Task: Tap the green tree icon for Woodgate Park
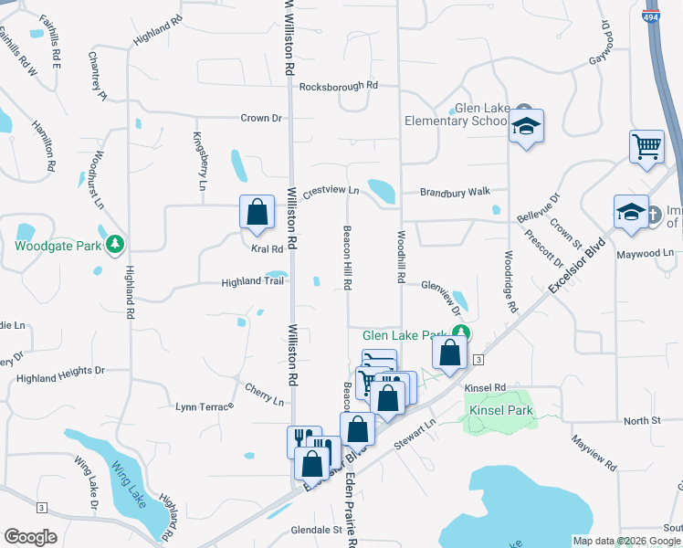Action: (x=115, y=244)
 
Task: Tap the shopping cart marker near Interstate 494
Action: (x=646, y=145)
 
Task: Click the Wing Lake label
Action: (x=128, y=479)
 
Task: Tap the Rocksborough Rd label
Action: (x=338, y=85)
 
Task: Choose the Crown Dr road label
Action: (x=261, y=118)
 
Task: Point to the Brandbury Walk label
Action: (x=456, y=192)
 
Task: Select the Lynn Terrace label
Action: (x=205, y=406)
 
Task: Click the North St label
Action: (x=642, y=420)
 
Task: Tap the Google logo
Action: (x=30, y=537)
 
